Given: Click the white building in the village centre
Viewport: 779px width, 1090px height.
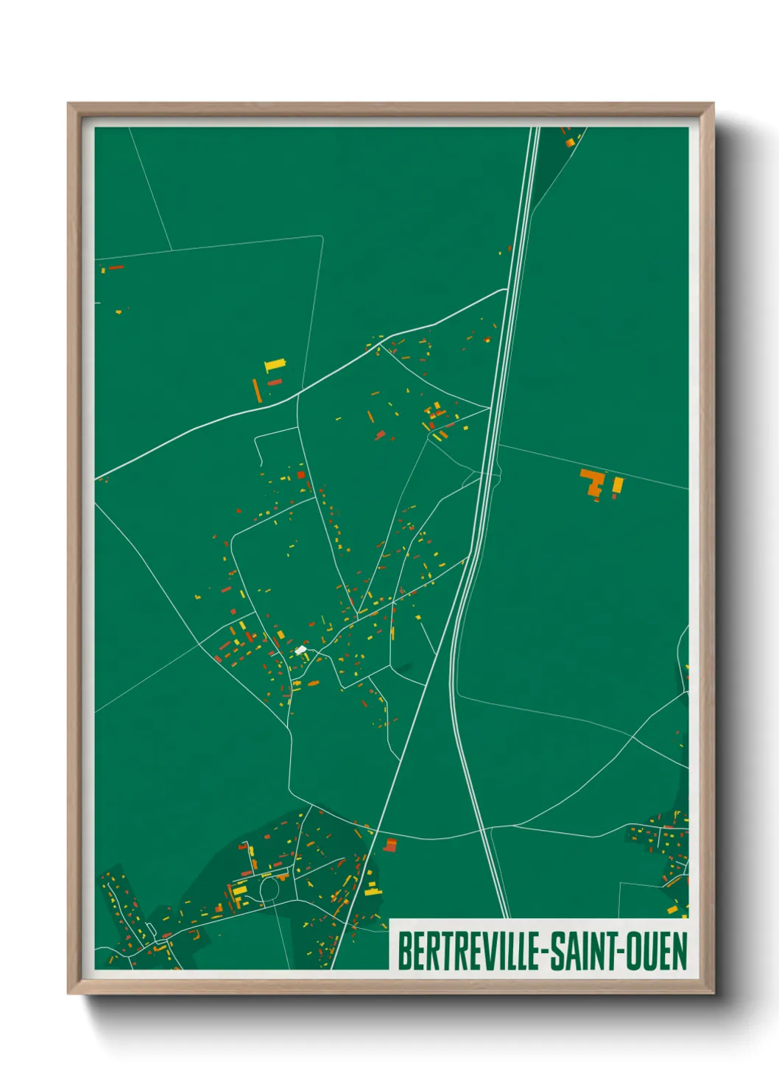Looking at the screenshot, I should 300,650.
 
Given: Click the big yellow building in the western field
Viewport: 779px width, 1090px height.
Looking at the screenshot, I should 275,364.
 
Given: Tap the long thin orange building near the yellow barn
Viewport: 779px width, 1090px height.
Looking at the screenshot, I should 257,390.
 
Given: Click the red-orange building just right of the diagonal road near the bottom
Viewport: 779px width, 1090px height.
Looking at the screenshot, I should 390,845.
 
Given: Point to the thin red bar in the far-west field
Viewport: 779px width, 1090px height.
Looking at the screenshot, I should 116,267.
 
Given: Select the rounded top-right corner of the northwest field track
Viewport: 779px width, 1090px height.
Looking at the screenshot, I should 321,237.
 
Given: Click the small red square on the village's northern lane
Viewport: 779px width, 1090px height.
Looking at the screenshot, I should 301,475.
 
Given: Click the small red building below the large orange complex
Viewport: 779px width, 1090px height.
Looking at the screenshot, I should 596,499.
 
